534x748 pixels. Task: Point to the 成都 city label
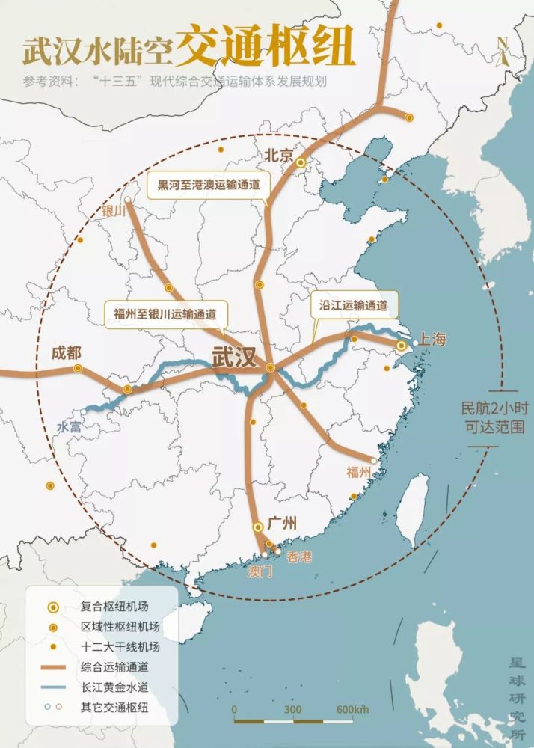[x=67, y=352]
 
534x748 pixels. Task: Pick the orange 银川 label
[x=116, y=212]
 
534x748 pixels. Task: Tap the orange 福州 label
[x=359, y=472]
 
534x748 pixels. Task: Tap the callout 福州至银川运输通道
[x=165, y=313]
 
